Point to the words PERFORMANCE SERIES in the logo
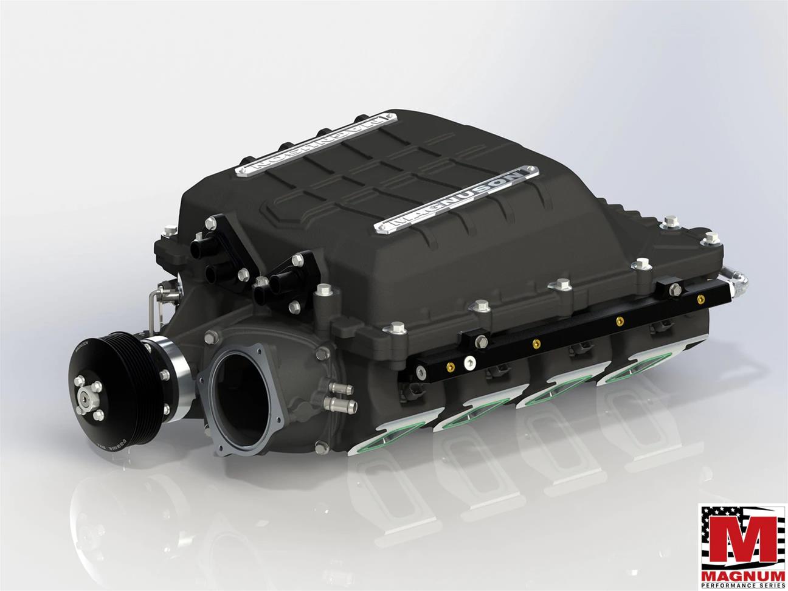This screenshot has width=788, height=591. (x=739, y=580)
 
